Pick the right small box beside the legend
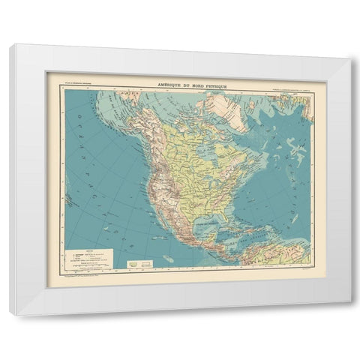click(x=147, y=263)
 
